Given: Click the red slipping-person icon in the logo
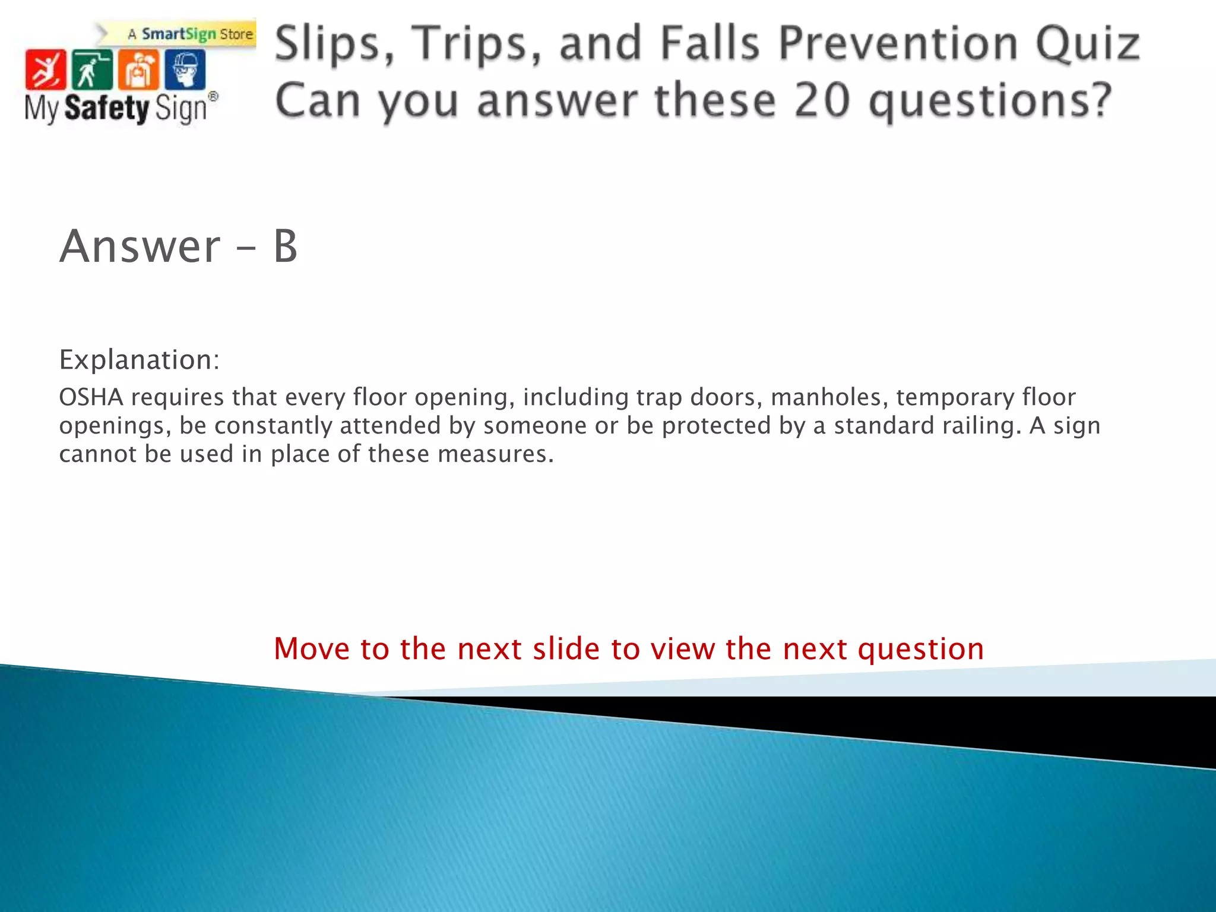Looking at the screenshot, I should point(45,69).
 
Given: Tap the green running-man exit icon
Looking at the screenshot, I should point(91,69).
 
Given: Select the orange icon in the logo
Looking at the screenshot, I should point(138,69).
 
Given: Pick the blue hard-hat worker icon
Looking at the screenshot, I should point(185,69).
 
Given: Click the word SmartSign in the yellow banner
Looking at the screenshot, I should point(179,34).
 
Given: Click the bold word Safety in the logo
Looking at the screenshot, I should point(107,109).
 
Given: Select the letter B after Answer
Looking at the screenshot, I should point(285,246).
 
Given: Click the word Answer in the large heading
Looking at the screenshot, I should point(140,246).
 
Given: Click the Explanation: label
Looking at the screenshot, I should point(140,360).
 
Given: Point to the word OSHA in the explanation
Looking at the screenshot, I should point(91,397).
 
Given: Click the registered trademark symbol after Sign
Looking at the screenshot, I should point(213,97).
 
